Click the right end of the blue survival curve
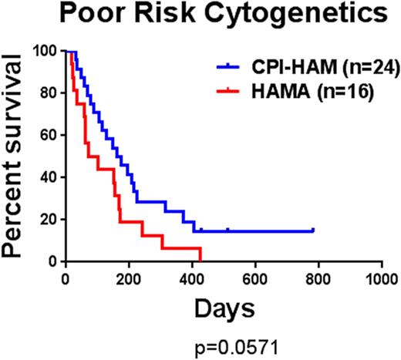pos(313,230)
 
